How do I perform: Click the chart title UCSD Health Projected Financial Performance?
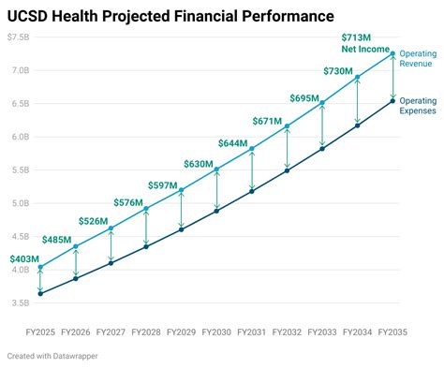[171, 16]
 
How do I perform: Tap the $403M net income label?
[24, 259]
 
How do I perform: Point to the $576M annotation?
[127, 202]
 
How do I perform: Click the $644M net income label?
[232, 143]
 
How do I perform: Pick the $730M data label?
[337, 71]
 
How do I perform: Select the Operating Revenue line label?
[417, 60]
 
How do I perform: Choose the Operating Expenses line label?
[417, 106]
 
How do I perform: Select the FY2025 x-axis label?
[40, 331]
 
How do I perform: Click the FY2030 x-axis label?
[216, 331]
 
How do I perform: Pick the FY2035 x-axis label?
[392, 331]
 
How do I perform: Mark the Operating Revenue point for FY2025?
[40, 267]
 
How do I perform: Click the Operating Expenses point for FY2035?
[392, 100]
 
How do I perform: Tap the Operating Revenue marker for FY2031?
[252, 149]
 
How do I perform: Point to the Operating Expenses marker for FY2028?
[146, 246]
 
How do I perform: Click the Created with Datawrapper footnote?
[52, 356]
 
